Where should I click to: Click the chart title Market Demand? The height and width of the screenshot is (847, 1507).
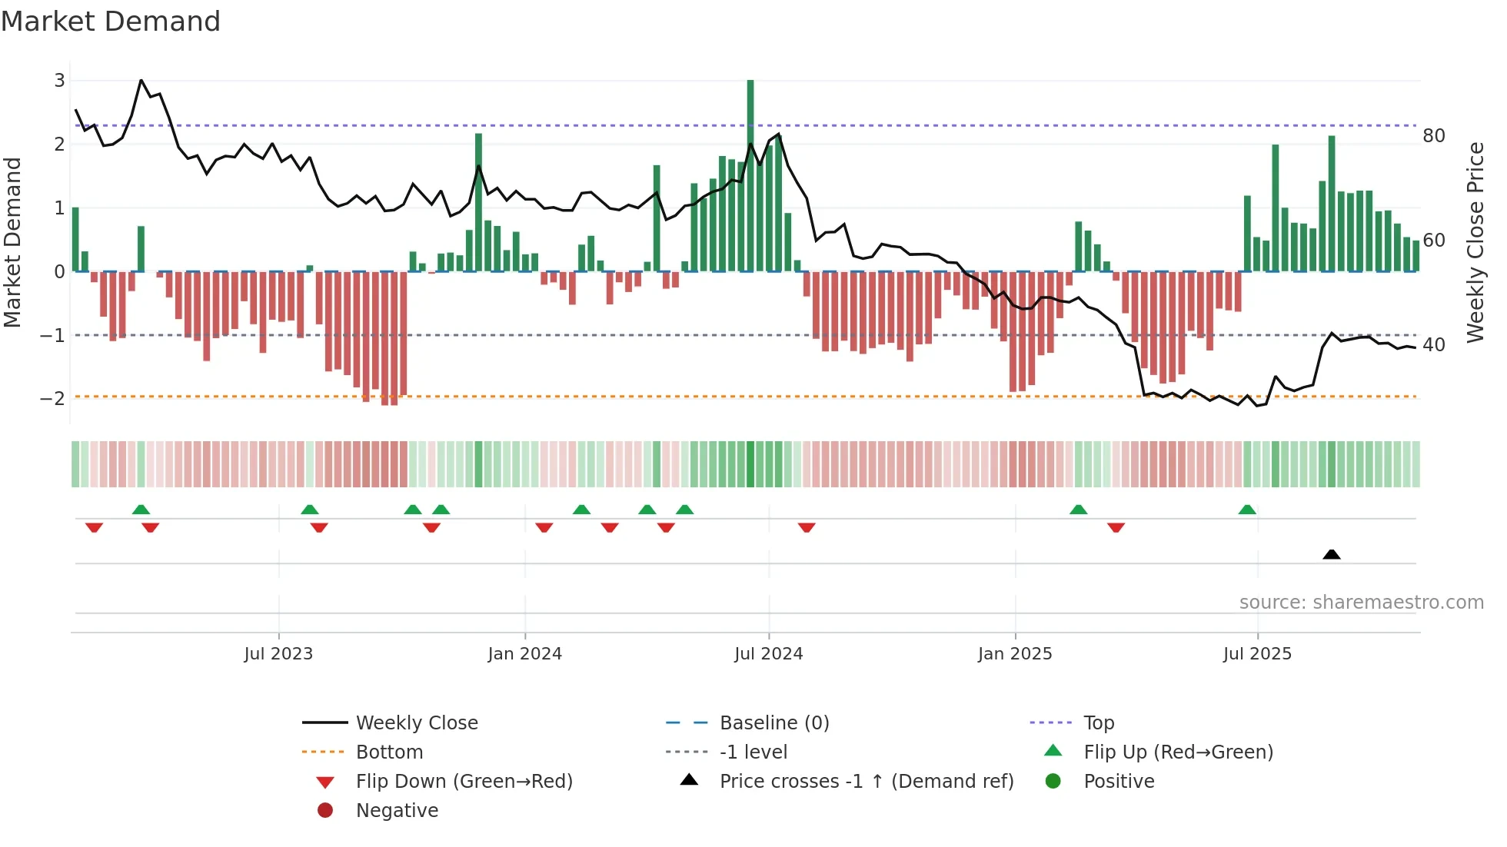[x=111, y=22]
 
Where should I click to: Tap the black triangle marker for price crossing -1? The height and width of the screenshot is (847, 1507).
[x=1332, y=554]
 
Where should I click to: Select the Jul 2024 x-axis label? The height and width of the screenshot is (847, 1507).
[x=768, y=654]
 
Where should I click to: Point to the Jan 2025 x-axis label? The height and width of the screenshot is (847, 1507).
[x=1015, y=654]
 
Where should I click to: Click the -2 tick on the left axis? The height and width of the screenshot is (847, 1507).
[x=52, y=398]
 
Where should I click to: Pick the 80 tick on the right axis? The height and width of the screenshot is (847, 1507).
[x=1433, y=136]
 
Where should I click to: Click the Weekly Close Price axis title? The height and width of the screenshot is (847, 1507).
[x=1475, y=242]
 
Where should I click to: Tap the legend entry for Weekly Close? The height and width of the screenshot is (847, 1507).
[x=416, y=723]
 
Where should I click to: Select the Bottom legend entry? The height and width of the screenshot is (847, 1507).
[x=389, y=752]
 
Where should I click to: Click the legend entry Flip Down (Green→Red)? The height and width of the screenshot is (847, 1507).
[x=464, y=782]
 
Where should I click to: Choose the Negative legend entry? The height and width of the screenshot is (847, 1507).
[x=397, y=811]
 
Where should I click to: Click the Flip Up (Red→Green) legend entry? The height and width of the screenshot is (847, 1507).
[x=1178, y=752]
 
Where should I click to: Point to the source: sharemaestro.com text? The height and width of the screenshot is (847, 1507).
[x=1361, y=603]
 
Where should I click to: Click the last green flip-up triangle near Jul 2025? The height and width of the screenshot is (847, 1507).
[x=1247, y=510]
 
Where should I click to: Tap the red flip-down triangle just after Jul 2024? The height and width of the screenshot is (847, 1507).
[x=807, y=527]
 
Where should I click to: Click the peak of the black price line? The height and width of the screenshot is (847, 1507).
[x=141, y=80]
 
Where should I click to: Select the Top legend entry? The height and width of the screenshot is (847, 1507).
[x=1098, y=723]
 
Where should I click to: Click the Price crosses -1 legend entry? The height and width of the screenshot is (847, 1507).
[x=866, y=782]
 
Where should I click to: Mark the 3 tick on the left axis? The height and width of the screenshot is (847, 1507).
[x=59, y=80]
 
